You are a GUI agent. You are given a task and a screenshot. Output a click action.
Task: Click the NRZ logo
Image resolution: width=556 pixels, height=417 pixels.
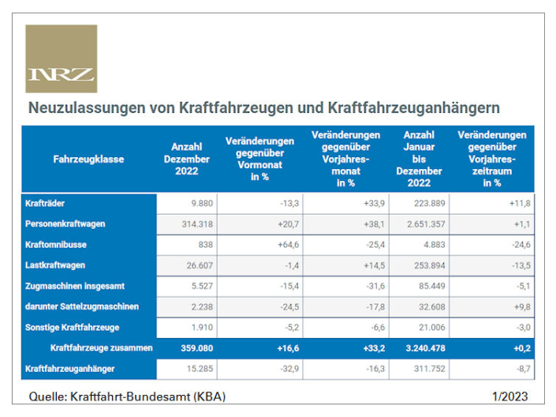tap(62, 59)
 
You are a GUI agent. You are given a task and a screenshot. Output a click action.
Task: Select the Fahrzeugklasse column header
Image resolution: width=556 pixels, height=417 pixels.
tap(88, 160)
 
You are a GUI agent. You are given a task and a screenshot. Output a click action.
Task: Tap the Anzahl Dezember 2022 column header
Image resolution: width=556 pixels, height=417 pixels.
tap(186, 160)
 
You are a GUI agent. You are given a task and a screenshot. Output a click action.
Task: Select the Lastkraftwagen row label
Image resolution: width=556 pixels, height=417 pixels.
tap(55, 265)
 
